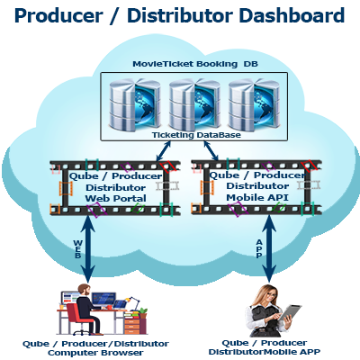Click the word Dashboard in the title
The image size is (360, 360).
(x=292, y=15)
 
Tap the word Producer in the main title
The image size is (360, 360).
(x=58, y=15)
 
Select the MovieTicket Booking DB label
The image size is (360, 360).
(x=195, y=64)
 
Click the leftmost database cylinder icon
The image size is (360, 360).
(x=135, y=104)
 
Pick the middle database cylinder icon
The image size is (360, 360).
(x=195, y=104)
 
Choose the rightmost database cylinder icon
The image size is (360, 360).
(x=254, y=104)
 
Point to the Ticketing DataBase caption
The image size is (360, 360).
(x=196, y=135)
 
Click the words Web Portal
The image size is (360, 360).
(x=116, y=198)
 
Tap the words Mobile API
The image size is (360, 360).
(x=257, y=197)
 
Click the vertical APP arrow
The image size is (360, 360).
(x=269, y=249)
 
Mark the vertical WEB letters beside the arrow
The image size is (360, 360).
(x=77, y=249)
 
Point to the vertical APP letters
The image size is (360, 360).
(x=259, y=248)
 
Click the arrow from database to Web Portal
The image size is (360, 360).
(x=164, y=151)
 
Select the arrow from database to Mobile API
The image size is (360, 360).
(x=211, y=151)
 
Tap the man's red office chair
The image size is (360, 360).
(x=80, y=319)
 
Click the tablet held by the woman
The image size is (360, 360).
(x=290, y=315)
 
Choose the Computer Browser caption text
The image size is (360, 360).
(x=95, y=353)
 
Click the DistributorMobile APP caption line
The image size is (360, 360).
(x=265, y=352)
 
